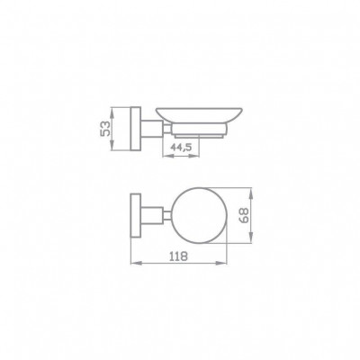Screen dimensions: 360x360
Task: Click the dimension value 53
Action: pos(105,129)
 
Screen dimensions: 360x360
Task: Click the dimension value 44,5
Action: pos(181,147)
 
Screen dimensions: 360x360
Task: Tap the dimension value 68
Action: pos(245,215)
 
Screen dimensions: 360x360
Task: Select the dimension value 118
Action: pos(178,256)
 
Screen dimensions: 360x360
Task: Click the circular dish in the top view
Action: pos(201,215)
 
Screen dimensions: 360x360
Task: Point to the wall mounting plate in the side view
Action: pos(136,129)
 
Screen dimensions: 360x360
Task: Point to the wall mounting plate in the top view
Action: pos(136,215)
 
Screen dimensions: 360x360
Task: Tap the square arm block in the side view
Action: pos(152,129)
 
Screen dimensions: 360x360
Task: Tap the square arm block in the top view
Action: pos(152,215)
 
